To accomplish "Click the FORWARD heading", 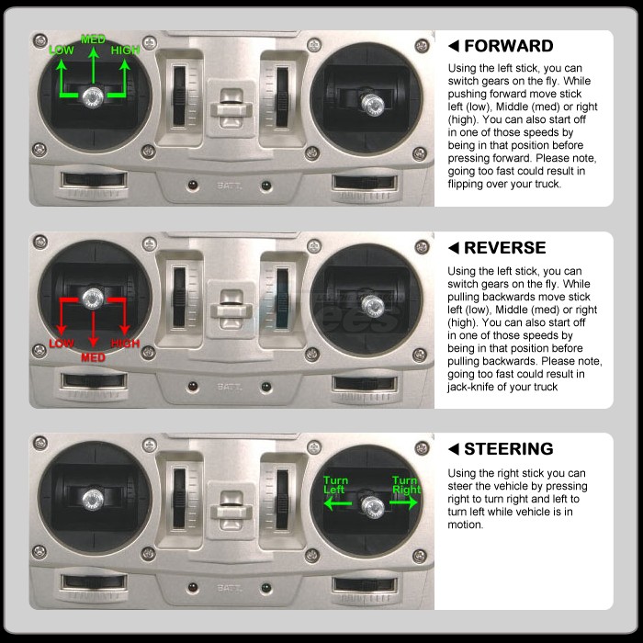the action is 509,46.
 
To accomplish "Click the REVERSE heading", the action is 505,248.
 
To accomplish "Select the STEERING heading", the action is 509,449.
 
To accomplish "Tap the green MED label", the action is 93,39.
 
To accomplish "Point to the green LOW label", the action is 62,51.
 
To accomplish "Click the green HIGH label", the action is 126,50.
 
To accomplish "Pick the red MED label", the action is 93,357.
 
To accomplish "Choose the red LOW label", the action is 62,344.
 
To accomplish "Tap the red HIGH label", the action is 126,344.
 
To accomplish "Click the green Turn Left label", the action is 335,485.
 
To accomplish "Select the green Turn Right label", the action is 406,485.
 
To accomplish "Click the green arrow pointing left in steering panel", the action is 337,503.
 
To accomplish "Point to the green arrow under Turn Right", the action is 403,502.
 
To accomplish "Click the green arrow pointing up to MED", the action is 94,65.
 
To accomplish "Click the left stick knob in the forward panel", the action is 93,97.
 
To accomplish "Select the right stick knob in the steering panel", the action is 373,506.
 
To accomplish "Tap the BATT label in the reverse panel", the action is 230,387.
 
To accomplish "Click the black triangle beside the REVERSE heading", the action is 454,248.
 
